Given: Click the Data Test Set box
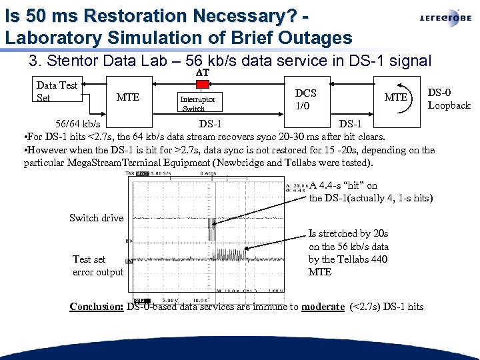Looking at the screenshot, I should [x=57, y=91].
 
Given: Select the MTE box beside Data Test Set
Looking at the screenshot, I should [x=128, y=97].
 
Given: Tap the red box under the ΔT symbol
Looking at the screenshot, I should [x=203, y=83].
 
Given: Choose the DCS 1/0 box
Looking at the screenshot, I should [x=306, y=99].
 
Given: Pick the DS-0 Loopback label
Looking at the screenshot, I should [x=449, y=99].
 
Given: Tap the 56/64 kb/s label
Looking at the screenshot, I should [x=78, y=124].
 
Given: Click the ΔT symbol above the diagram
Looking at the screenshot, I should [x=203, y=72].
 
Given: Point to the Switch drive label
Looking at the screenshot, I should [x=96, y=218].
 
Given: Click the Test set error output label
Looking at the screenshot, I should [x=98, y=265].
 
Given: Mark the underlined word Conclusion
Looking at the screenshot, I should [x=96, y=307].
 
